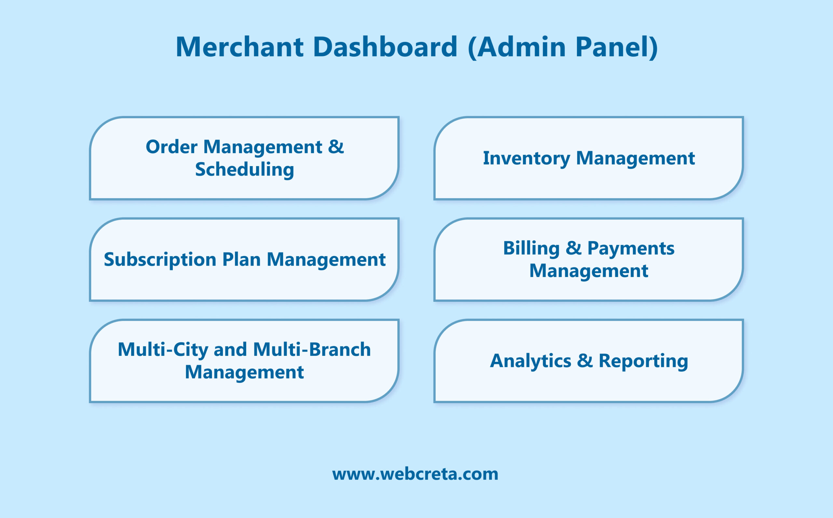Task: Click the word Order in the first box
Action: coord(171,147)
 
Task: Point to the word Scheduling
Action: coord(244,170)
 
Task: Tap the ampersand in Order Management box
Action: coord(336,147)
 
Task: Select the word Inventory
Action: coord(526,158)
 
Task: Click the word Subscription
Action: coord(160,259)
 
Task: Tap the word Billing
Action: coord(531,248)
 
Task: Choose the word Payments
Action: coord(631,248)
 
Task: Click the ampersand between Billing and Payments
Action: coord(573,248)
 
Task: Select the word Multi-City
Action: coord(163,350)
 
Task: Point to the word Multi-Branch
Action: coord(312,350)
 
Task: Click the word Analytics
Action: coord(530,361)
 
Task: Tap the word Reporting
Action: coord(643,361)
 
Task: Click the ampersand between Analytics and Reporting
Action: coord(585,361)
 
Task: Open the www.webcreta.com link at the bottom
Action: coord(415,474)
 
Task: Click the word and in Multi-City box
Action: coord(230,350)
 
